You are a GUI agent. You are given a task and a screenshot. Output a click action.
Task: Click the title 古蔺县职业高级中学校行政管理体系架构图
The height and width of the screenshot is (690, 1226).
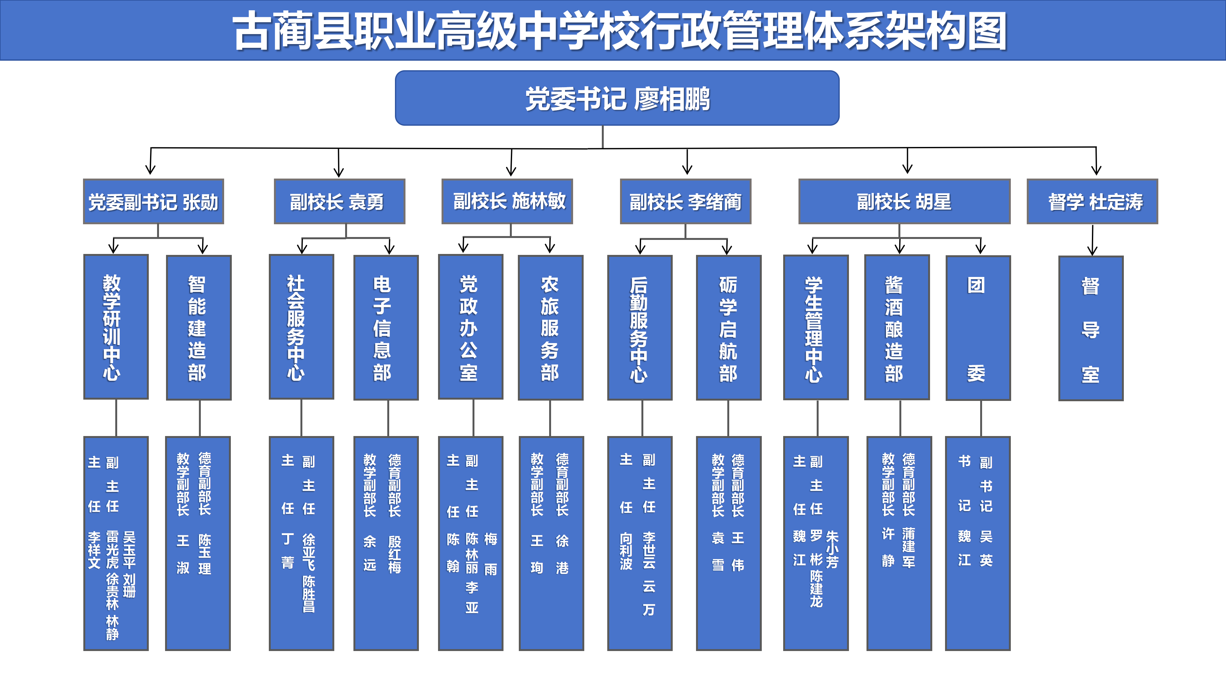[619, 31]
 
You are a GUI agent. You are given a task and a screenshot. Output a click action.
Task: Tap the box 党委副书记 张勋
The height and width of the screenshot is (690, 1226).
[153, 202]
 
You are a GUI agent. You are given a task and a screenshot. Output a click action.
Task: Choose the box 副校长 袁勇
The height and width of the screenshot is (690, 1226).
[339, 202]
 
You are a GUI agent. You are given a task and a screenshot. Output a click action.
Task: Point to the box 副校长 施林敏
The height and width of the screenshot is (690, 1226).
[507, 202]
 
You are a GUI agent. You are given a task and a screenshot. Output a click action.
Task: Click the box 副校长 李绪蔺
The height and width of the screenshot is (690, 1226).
[685, 202]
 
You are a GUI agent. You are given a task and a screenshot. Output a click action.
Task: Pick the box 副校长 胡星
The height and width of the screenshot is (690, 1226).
[904, 202]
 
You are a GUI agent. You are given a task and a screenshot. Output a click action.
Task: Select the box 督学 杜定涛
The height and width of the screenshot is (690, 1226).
[1092, 202]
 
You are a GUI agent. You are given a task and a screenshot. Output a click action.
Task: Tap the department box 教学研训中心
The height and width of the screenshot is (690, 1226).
[116, 327]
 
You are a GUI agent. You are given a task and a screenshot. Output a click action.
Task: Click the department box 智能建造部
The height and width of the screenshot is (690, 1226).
[199, 328]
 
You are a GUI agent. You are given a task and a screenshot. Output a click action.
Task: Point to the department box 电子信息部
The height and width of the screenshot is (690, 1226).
[385, 328]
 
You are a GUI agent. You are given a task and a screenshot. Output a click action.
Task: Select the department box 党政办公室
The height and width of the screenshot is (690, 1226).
[470, 327]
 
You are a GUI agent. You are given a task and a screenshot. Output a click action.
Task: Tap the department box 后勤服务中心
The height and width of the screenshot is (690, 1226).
[639, 328]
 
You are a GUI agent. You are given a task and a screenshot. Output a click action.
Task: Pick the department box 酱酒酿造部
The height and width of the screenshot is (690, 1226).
[897, 328]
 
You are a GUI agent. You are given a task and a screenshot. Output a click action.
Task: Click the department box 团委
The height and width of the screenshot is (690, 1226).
[978, 328]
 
